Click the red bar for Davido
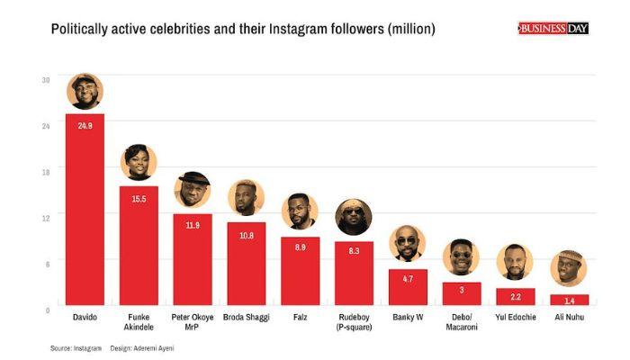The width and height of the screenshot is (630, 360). pos(85,216)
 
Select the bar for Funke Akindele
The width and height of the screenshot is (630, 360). pos(139,252)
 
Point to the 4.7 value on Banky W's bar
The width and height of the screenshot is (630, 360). pos(407,279)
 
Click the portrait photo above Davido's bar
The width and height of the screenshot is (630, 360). pos(85,92)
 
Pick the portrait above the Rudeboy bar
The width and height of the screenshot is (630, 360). pos(354,217)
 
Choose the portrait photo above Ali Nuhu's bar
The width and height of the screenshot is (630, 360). pos(568,268)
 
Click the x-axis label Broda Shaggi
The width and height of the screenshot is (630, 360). pos(246,318)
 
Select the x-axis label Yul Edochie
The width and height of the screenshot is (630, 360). pos(515,318)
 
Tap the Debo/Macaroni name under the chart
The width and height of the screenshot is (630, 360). pos(461,322)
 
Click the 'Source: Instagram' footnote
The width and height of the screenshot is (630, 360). pos(76,347)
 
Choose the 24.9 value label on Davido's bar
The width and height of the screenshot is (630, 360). pos(85,125)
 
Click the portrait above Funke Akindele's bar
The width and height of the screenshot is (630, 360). pos(139,162)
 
